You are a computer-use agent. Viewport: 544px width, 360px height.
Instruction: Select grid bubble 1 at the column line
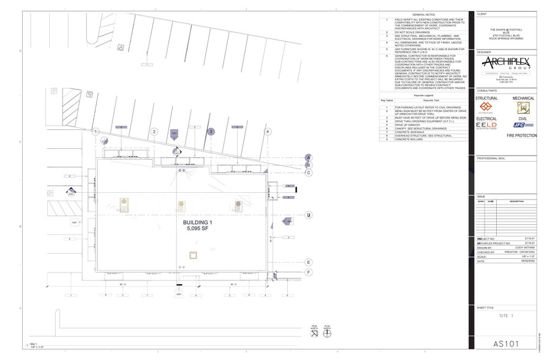(96, 132)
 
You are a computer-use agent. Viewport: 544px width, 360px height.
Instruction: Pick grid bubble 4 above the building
(267, 132)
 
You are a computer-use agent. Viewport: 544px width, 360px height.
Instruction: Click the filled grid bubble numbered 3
(211, 132)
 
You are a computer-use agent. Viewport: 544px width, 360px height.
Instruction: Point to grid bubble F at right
(309, 272)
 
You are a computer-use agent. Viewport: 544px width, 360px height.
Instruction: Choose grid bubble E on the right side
(309, 262)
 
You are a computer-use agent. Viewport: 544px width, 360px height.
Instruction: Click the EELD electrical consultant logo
(487, 126)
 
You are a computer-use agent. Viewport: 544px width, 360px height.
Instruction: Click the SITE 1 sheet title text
(505, 315)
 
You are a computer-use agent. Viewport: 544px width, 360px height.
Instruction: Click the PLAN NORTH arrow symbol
(327, 334)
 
